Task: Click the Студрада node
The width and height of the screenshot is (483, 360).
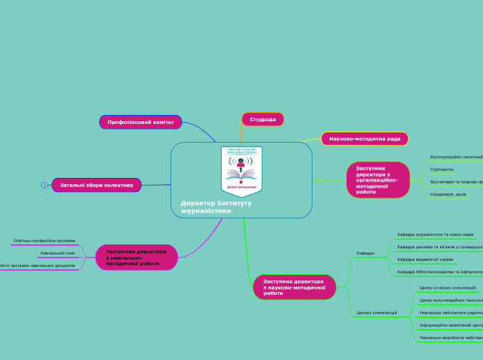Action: (263, 119)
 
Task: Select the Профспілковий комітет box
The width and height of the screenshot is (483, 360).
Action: (140, 122)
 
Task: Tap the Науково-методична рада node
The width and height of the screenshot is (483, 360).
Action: (365, 138)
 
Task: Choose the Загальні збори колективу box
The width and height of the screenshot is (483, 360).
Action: (96, 185)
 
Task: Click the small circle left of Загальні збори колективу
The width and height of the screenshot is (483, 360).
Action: (44, 185)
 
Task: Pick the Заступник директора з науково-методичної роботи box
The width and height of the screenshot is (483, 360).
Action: (294, 287)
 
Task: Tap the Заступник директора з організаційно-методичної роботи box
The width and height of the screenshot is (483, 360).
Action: (378, 179)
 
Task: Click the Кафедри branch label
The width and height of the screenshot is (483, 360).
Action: (366, 253)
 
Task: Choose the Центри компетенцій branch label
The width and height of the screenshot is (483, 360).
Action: (376, 313)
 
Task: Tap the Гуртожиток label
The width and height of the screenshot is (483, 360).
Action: (442, 169)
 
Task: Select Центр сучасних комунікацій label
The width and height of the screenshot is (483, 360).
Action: (448, 287)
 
